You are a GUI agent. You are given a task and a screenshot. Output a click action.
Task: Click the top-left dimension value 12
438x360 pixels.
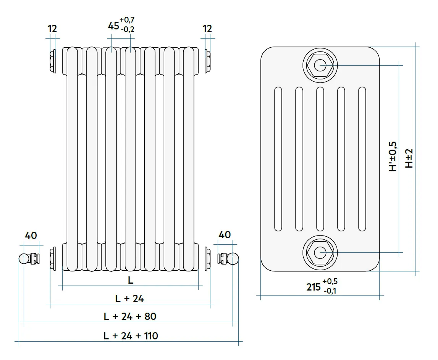52,29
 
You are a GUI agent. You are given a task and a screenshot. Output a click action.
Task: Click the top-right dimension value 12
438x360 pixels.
207,29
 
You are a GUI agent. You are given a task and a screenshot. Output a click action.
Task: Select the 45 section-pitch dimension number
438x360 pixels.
113,26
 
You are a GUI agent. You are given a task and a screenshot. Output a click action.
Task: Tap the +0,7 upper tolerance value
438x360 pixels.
127,20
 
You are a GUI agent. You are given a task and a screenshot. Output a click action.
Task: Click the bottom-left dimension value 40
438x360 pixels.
31,235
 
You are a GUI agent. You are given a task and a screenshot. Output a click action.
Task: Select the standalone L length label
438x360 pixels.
131,280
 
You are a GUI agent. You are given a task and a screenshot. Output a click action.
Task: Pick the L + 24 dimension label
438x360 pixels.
129,299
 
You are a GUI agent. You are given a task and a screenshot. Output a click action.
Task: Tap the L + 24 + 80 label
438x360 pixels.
130,316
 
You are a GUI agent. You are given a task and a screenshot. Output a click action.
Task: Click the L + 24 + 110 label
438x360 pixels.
131,336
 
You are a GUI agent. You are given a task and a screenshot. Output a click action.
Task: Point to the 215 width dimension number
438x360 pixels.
314,287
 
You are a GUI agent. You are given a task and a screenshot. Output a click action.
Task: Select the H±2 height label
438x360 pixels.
409,158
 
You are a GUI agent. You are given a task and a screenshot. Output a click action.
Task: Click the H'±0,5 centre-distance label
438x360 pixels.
393,156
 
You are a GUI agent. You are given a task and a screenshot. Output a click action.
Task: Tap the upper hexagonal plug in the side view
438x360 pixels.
320,65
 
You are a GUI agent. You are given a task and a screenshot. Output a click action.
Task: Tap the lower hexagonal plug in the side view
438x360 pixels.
320,252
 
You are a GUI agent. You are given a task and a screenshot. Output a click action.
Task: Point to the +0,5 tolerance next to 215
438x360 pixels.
330,282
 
